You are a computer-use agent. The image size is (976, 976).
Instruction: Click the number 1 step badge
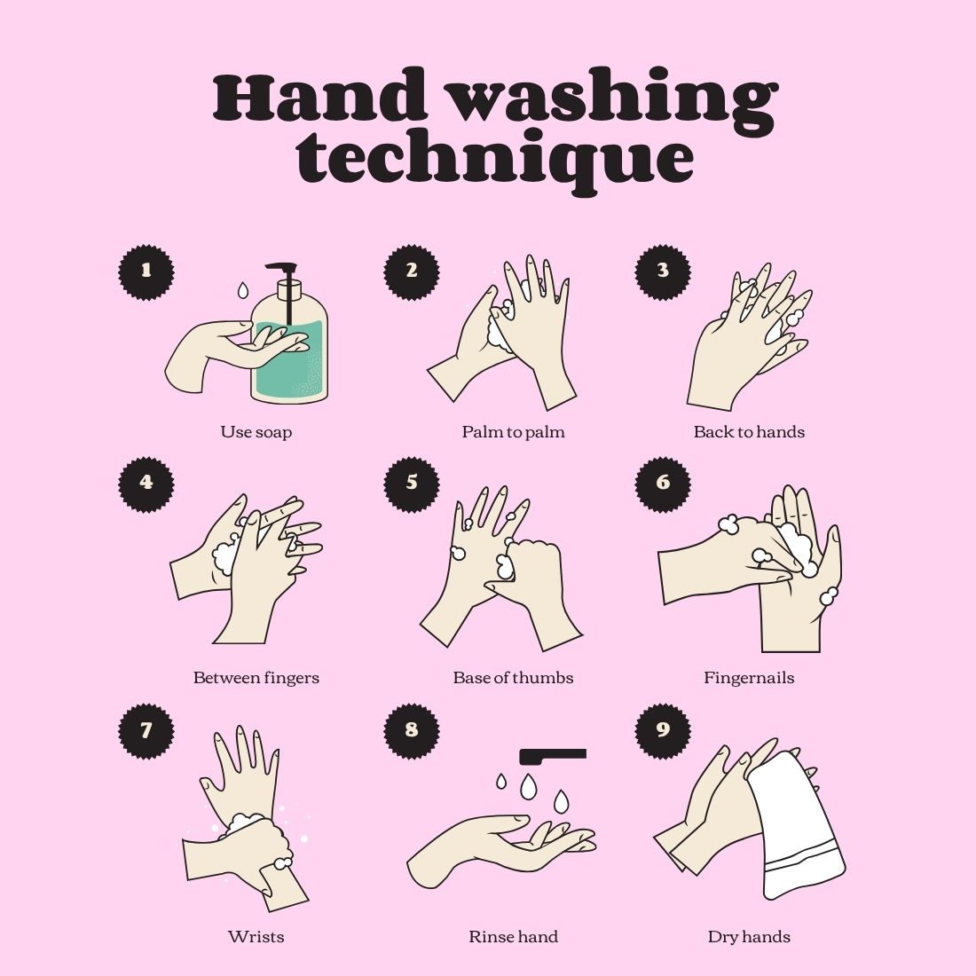146,272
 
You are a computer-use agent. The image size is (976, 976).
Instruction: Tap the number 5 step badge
412,484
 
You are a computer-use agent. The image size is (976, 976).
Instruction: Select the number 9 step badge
663,731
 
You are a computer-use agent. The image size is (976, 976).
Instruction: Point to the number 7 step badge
146,731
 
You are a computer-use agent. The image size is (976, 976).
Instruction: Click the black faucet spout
553,756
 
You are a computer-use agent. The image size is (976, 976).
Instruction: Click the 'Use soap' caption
256,432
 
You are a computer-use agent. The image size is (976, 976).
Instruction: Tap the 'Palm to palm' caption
513,432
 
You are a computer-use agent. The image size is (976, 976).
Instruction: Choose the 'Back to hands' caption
749,432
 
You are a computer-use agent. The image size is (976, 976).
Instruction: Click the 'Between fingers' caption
256,678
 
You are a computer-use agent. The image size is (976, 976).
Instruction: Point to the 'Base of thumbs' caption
513,678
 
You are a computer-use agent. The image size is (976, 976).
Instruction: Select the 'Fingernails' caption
749,678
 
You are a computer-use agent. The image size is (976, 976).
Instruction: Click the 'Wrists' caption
256,937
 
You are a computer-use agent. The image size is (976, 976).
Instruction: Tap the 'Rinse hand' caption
513,937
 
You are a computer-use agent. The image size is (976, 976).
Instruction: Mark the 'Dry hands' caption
749,937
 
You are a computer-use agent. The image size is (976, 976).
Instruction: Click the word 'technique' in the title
495,157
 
